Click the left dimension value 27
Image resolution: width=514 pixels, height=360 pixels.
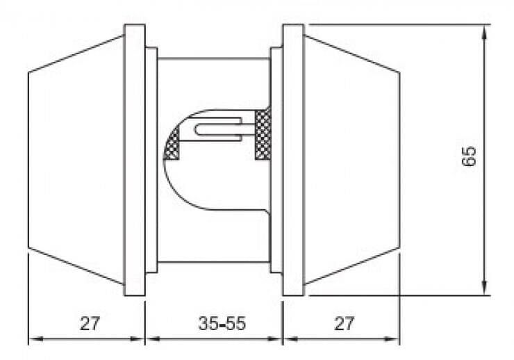pos(90,323)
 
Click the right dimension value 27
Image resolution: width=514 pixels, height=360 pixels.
pos(344,323)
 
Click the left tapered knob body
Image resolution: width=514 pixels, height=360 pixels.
pos(76,160)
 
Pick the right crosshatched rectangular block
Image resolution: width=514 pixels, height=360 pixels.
pos(263,134)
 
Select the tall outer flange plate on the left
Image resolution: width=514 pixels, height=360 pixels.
pos(135,160)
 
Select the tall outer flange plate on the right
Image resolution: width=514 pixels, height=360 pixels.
pos(292,160)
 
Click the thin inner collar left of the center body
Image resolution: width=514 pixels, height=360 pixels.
pos(151,160)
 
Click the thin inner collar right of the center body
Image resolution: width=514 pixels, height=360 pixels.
pos(276,160)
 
